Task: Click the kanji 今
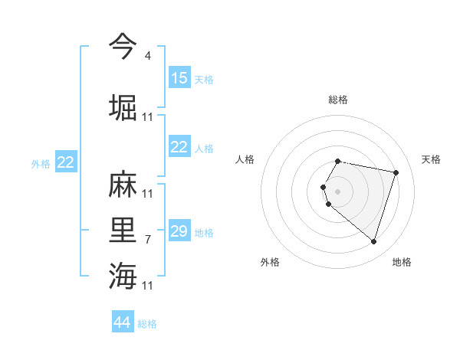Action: tap(123, 47)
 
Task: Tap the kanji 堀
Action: tap(123, 106)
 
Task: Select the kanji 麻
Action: tap(123, 185)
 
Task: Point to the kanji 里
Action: tap(123, 229)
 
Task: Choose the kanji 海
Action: tap(123, 275)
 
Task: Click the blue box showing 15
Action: tap(179, 78)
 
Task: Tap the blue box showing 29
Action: tap(179, 231)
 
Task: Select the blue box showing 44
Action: tap(123, 322)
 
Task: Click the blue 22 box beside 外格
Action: tap(66, 162)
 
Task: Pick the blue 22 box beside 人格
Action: tap(179, 147)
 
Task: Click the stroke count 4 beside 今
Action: tap(148, 56)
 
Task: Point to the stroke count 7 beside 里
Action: tap(148, 240)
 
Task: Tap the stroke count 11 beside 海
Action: tap(148, 286)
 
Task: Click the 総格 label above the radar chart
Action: tap(338, 100)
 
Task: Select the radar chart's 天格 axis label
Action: tap(432, 159)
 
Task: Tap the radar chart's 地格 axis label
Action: tap(402, 262)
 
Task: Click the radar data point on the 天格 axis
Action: tap(396, 172)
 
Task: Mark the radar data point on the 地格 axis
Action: tap(373, 241)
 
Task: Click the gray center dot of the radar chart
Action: tap(338, 191)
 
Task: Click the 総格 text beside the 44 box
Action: tap(147, 324)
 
